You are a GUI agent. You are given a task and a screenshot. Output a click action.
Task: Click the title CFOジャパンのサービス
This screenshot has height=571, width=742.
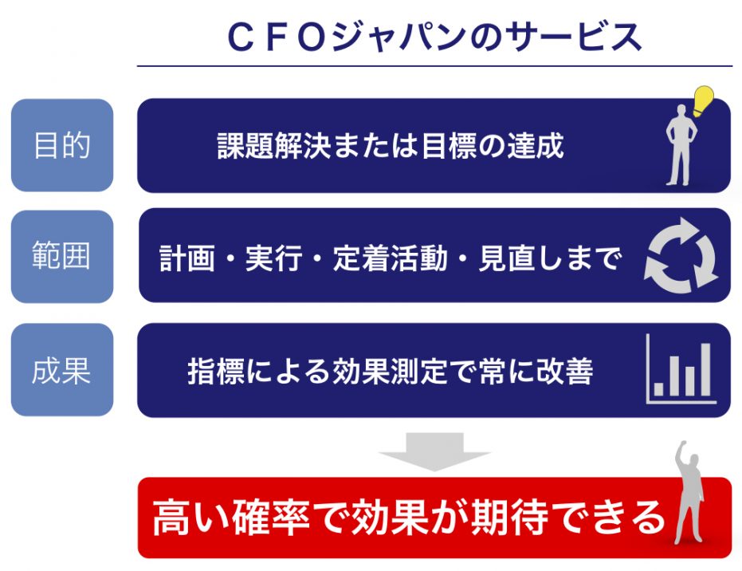pyautogui.click(x=434, y=37)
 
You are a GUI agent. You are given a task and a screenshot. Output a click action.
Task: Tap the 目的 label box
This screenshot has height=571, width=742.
pyautogui.click(x=62, y=145)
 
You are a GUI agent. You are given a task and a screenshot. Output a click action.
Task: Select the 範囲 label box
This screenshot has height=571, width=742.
pyautogui.click(x=62, y=256)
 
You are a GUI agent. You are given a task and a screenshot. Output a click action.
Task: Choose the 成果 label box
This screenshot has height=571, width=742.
pyautogui.click(x=62, y=370)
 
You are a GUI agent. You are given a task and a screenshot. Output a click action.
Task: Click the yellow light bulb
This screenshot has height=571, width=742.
pyautogui.click(x=703, y=100)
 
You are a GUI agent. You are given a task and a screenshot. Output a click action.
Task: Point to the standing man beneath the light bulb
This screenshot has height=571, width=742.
pyautogui.click(x=681, y=145)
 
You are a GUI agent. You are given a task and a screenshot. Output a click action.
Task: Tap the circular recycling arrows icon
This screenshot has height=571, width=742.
pyautogui.click(x=681, y=256)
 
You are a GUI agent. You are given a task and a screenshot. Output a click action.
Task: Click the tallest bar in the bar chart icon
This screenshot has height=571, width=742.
pyautogui.click(x=705, y=370)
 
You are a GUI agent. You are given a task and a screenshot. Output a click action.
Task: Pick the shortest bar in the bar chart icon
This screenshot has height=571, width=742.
pyautogui.click(x=658, y=388)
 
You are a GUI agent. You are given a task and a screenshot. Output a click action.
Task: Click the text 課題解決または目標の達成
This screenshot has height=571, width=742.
pyautogui.click(x=391, y=145)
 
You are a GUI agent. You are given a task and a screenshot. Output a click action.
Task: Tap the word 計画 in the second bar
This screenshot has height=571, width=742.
pyautogui.click(x=187, y=258)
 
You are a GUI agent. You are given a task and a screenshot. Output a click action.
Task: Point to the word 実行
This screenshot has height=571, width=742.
pyautogui.click(x=273, y=258)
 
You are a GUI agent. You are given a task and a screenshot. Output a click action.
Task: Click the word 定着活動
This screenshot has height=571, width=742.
pyautogui.click(x=390, y=258)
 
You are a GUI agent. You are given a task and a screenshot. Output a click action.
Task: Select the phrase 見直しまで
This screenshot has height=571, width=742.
pyautogui.click(x=550, y=258)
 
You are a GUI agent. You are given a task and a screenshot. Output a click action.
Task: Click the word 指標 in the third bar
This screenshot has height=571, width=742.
pyautogui.click(x=216, y=371)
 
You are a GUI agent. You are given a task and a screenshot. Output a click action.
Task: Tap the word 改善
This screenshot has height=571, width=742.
pyautogui.click(x=564, y=371)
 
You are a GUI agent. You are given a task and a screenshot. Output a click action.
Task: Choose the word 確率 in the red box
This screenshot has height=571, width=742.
pyautogui.click(x=271, y=518)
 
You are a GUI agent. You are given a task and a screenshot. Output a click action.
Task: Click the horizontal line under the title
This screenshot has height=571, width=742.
pyautogui.click(x=434, y=66)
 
